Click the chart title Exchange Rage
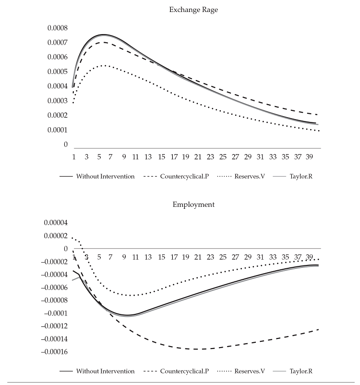(193, 10)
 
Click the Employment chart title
(193, 205)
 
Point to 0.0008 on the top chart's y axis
(58, 28)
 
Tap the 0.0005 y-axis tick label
(58, 72)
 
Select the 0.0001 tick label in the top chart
(58, 130)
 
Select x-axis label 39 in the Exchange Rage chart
(310, 156)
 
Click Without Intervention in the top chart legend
(105, 176)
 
